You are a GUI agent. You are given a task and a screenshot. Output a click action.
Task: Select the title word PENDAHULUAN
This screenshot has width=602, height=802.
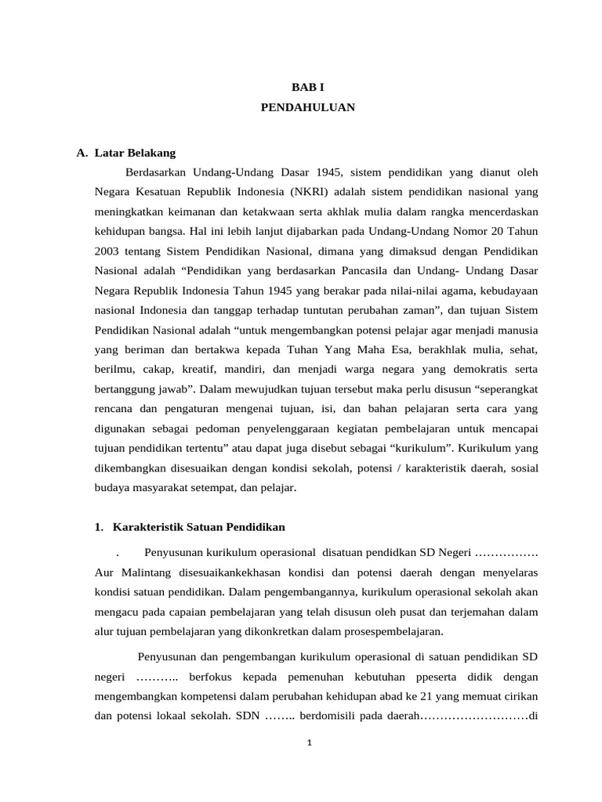(x=307, y=108)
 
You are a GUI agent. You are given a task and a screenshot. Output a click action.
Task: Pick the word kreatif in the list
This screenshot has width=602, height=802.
(x=202, y=370)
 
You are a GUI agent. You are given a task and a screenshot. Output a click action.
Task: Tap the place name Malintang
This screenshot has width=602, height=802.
(x=137, y=573)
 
